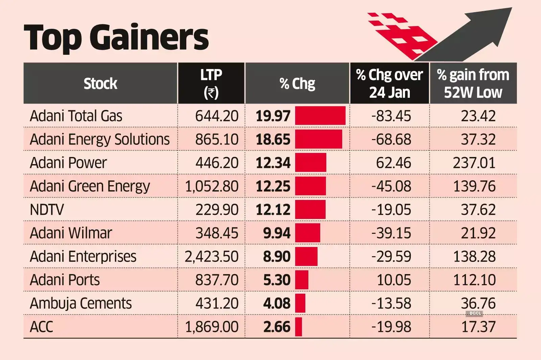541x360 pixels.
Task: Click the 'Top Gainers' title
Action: (116, 37)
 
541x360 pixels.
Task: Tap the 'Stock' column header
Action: (100, 84)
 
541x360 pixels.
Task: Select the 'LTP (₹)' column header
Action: (211, 83)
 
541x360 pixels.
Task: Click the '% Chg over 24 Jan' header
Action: (389, 83)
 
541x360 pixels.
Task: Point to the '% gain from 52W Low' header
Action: (473, 83)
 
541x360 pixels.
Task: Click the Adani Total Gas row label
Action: (76, 116)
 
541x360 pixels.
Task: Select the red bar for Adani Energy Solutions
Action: (318, 139)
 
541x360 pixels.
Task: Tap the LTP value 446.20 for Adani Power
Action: (217, 163)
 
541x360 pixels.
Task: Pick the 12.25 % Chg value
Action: (273, 186)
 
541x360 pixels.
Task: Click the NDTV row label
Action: (47, 210)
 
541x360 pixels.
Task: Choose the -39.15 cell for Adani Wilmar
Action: (391, 233)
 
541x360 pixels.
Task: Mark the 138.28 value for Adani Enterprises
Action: (474, 256)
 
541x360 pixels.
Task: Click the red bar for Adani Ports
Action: (302, 280)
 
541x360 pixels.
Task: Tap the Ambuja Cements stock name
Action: (81, 303)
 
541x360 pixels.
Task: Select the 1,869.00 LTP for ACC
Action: (211, 327)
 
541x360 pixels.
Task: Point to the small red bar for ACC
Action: (298, 327)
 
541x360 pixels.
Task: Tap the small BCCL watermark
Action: (475, 313)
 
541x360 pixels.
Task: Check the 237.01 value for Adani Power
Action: (474, 163)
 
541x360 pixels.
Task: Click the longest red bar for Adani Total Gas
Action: (320, 116)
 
